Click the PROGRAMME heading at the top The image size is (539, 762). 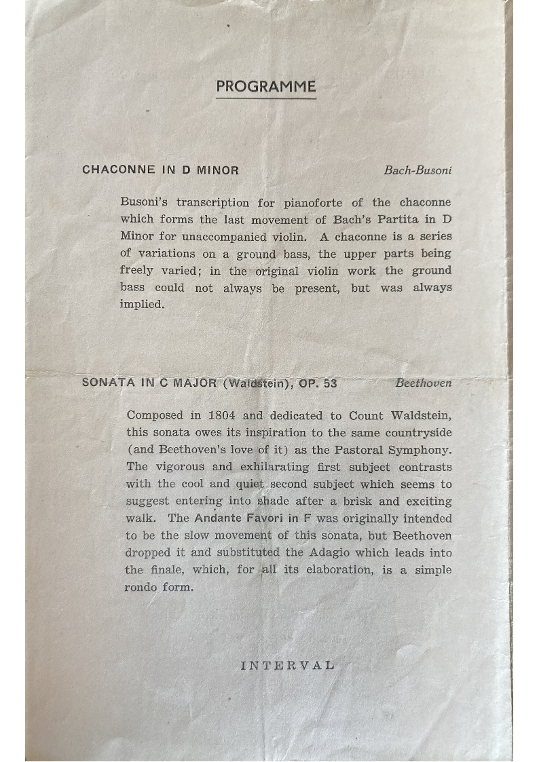pyautogui.click(x=266, y=87)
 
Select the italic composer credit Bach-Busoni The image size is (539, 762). pyautogui.click(x=417, y=170)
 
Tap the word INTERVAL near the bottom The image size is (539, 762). pyautogui.click(x=287, y=665)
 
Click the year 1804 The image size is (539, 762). pyautogui.click(x=222, y=416)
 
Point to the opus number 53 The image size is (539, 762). pyautogui.click(x=330, y=383)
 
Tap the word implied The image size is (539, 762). pyautogui.click(x=142, y=305)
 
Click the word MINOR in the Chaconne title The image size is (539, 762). pyautogui.click(x=217, y=170)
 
